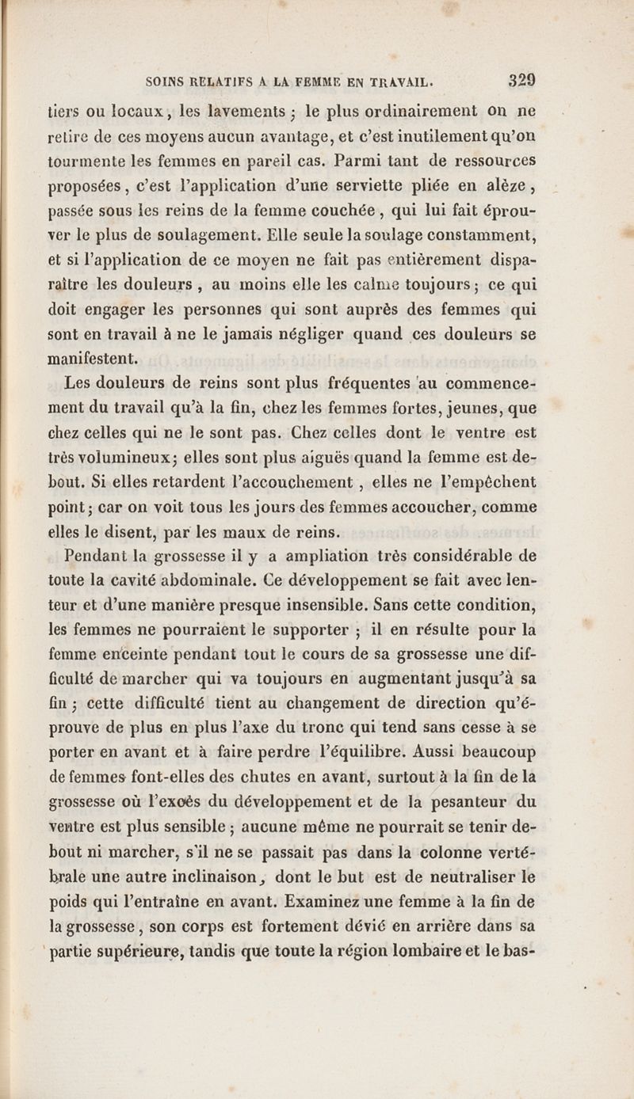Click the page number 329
click(522, 80)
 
